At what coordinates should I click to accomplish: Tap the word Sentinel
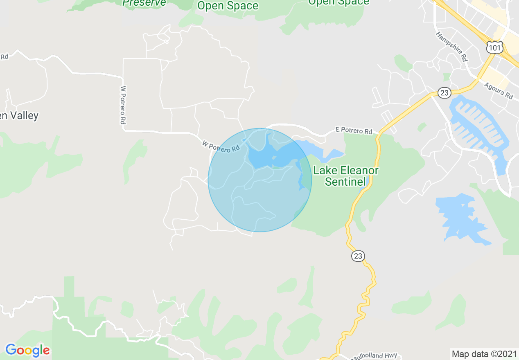point(345,182)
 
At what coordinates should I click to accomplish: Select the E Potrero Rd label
point(354,130)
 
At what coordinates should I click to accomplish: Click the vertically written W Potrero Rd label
point(122,105)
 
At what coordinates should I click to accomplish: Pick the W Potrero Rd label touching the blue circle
point(221,146)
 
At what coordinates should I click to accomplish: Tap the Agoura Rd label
point(498,91)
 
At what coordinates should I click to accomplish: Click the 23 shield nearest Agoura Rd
point(444,93)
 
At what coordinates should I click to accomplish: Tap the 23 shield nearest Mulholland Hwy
point(358,256)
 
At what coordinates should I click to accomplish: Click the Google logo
point(27,350)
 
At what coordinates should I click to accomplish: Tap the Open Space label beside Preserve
point(228,6)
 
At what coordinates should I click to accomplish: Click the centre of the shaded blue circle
point(259,180)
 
